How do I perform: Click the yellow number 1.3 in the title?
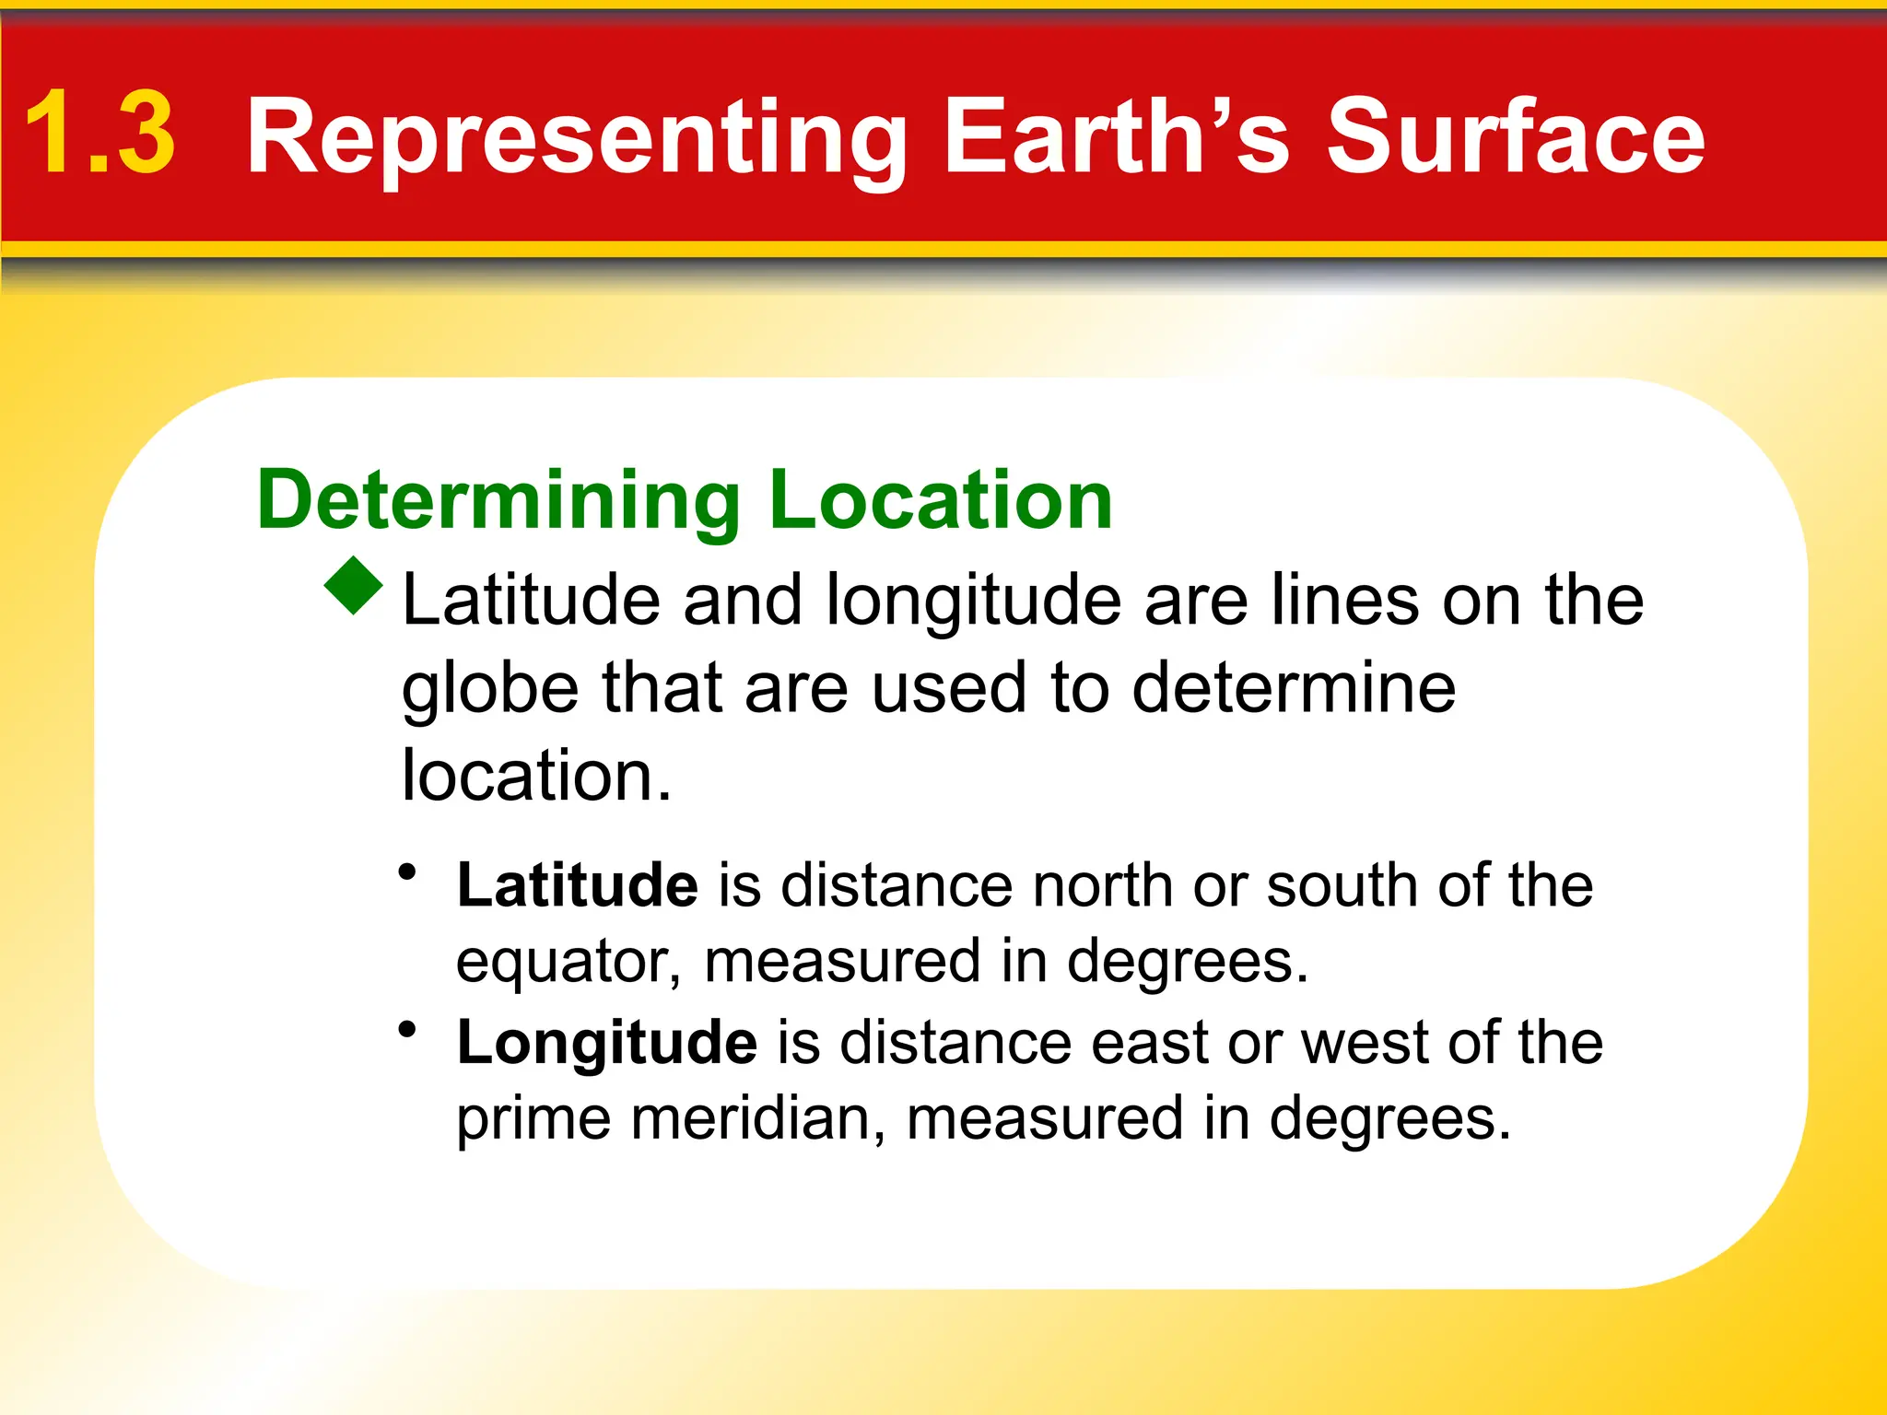[x=100, y=134]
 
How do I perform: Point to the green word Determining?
[x=498, y=502]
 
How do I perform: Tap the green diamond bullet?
[x=354, y=586]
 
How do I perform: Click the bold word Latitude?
[x=578, y=885]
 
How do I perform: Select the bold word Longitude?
[x=607, y=1043]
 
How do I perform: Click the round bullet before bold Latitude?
[x=407, y=871]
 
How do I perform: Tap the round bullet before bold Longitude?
[x=407, y=1029]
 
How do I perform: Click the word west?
[x=1364, y=1043]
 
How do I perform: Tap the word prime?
[x=533, y=1120]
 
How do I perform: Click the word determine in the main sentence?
[x=1294, y=688]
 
